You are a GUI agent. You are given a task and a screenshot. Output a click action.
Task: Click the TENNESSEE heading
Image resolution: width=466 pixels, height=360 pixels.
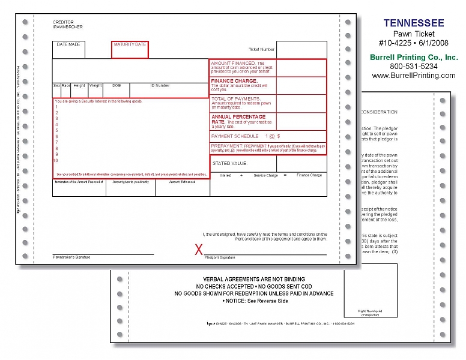point(414,23)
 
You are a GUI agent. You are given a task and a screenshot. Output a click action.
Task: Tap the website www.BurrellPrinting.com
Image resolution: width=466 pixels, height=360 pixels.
point(414,76)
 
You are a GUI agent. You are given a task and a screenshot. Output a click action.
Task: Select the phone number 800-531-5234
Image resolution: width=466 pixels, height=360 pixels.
point(414,67)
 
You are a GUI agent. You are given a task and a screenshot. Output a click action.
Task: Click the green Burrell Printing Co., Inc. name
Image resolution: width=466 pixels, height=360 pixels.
point(414,57)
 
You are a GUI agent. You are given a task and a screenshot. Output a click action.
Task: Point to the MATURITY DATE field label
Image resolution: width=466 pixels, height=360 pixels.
point(130,44)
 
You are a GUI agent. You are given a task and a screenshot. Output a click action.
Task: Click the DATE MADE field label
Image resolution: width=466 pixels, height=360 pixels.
point(68,44)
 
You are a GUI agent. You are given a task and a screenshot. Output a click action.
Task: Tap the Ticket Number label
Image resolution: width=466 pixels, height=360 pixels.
point(262,49)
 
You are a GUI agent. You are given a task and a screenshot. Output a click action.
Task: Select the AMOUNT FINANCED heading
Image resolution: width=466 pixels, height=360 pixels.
point(233,63)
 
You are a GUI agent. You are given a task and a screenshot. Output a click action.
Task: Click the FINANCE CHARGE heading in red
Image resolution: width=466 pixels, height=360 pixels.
point(234,80)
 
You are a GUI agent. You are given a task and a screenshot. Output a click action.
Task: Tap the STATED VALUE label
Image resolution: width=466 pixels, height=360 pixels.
point(229,163)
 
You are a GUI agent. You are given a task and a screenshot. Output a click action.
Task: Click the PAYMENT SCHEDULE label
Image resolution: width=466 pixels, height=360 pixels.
point(235,136)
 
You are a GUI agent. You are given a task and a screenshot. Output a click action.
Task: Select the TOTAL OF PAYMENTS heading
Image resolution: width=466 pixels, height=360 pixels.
point(235,98)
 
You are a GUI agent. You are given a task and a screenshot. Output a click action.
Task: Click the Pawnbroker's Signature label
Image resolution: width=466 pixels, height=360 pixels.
point(71,257)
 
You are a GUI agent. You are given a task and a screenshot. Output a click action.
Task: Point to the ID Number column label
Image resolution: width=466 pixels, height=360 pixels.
point(160,85)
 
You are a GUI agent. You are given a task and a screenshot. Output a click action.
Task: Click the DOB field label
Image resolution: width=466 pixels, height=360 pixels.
point(116,85)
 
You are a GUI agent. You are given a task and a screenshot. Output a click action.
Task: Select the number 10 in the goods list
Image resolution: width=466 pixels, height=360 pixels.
point(56,160)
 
